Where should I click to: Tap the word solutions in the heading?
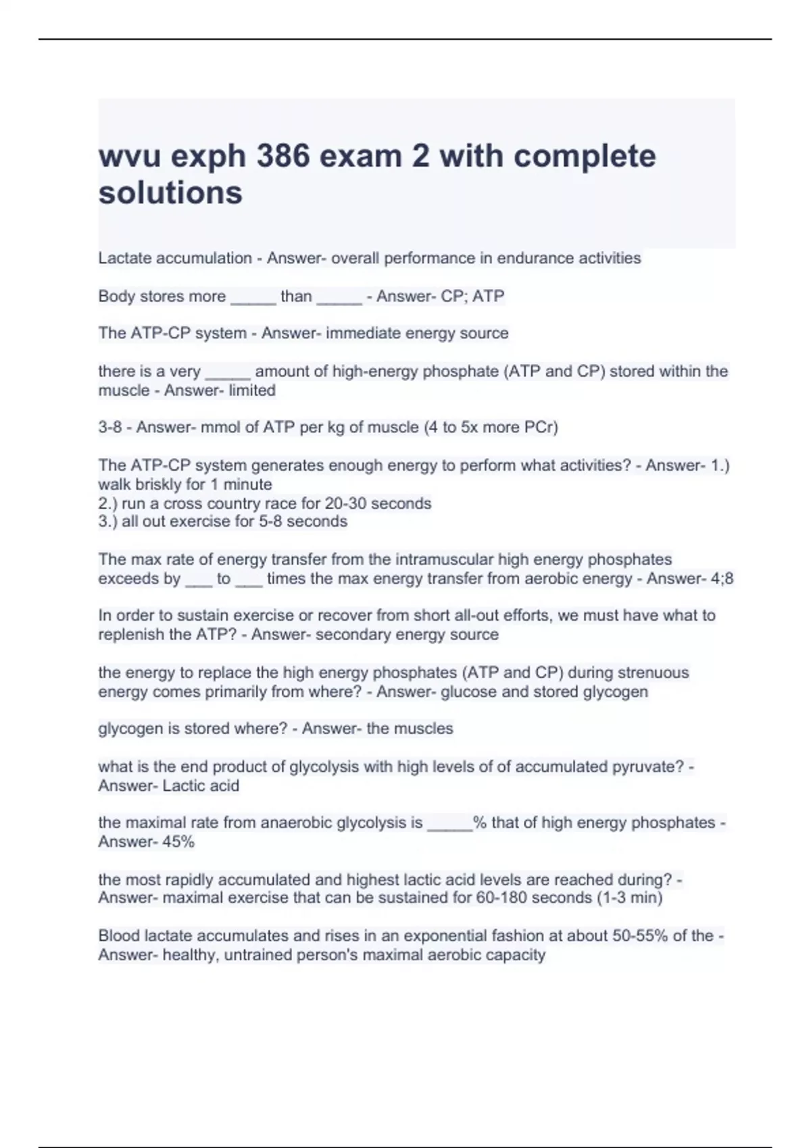pyautogui.click(x=170, y=193)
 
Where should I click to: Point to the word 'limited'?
pyautogui.click(x=252, y=390)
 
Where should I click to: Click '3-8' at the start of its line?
pyautogui.click(x=110, y=427)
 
